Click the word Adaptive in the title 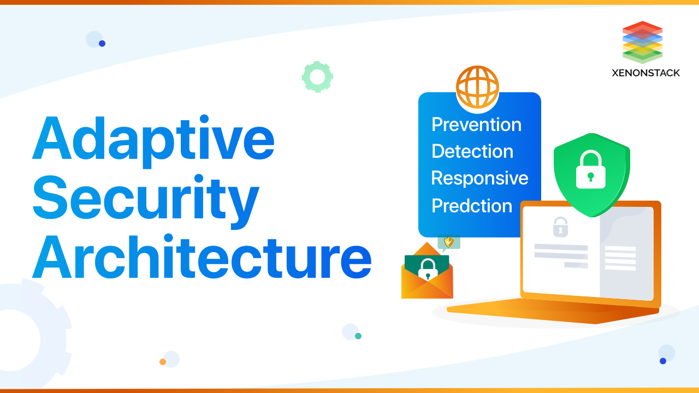(x=153, y=139)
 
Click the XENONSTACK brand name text (x=646, y=73)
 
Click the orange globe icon (x=477, y=87)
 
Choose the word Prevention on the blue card (x=476, y=124)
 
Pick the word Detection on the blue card (x=472, y=151)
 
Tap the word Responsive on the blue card (x=479, y=178)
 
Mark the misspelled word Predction (x=472, y=206)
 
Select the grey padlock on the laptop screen (x=560, y=227)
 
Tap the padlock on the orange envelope (x=428, y=269)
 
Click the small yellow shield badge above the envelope (x=449, y=242)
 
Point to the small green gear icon (x=317, y=77)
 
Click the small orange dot (x=163, y=362)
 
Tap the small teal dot (x=358, y=336)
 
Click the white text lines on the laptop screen (x=620, y=258)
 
